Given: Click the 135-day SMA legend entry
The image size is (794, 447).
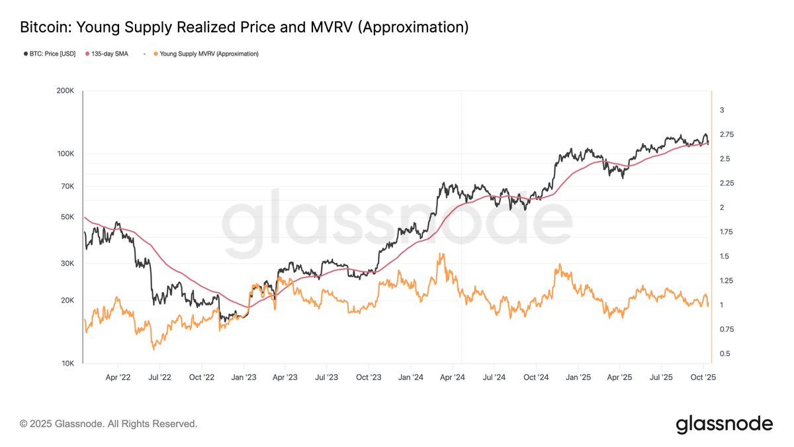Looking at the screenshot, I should point(108,54).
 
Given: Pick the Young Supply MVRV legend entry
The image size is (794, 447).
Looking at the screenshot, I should point(205,54).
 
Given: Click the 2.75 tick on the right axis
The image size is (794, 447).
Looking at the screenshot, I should point(727,134).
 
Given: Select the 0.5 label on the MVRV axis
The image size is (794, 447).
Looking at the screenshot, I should point(725,354).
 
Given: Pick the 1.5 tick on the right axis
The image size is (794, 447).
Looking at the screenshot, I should point(725,256).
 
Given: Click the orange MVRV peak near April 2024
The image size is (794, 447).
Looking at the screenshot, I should point(440,254).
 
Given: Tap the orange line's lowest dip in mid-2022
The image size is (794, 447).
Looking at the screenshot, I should point(154,348).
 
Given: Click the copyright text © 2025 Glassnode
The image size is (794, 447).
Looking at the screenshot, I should point(109,423).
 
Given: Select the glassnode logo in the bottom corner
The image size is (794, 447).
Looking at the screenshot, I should point(724,424).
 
